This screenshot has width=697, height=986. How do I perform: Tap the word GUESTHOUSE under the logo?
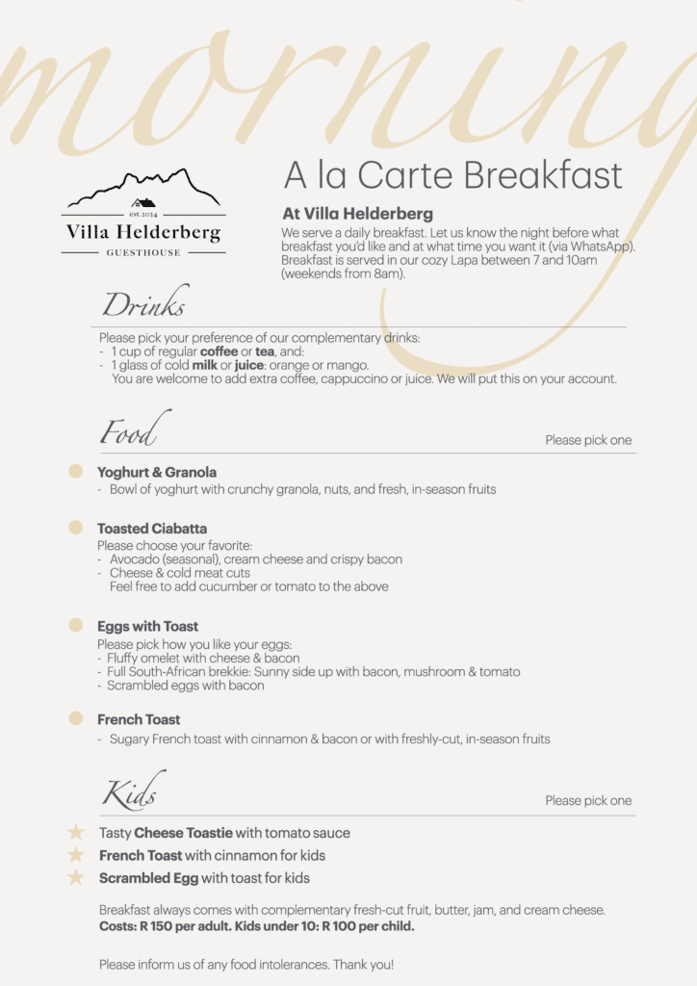[x=142, y=252]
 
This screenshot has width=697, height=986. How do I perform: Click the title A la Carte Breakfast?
[x=452, y=176]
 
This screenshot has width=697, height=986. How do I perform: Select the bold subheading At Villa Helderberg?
[x=357, y=214]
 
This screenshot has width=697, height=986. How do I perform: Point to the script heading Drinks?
[x=144, y=305]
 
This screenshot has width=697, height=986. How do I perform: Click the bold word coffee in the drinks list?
[x=219, y=351]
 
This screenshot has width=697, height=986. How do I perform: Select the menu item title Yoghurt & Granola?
[x=157, y=472]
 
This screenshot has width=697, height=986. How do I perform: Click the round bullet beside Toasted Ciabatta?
[x=75, y=528]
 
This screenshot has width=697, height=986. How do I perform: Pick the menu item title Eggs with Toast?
[x=147, y=626]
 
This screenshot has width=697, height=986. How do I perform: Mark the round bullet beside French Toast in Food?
[x=75, y=719]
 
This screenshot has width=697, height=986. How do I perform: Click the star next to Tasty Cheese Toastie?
[x=76, y=832]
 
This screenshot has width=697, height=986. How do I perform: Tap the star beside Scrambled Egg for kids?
[x=76, y=877]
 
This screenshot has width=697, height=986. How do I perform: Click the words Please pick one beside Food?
[x=588, y=440]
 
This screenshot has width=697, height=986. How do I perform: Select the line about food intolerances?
[x=246, y=964]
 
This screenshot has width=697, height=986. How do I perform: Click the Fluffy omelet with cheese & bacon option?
[x=204, y=658]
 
